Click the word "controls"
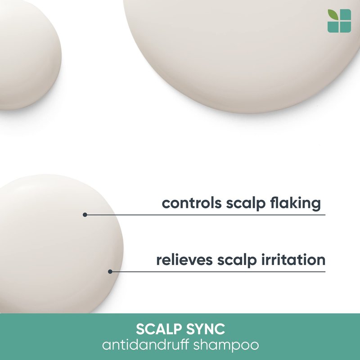coord(192,203)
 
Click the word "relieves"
coord(184,260)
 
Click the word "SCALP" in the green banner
coord(159,329)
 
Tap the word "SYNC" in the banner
coord(206,329)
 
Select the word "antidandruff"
coord(145,345)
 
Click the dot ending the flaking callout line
coord(85,215)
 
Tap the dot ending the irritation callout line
coord(110,272)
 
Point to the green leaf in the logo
coord(333,15)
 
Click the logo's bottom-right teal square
coord(346,27)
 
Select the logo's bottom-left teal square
coord(333,27)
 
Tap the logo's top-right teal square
coord(346,15)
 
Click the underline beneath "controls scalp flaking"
coord(205,215)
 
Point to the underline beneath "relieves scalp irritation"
coord(218,272)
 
